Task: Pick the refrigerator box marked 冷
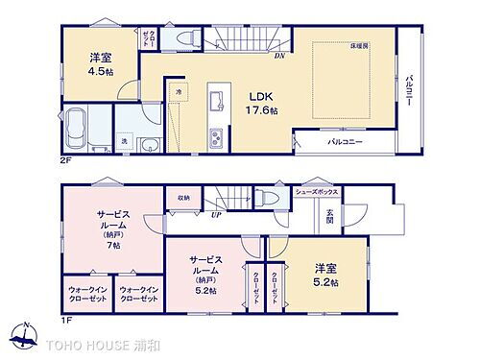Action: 179,91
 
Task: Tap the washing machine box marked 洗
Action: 124,142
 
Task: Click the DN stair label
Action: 279,55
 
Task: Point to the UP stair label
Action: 217,215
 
